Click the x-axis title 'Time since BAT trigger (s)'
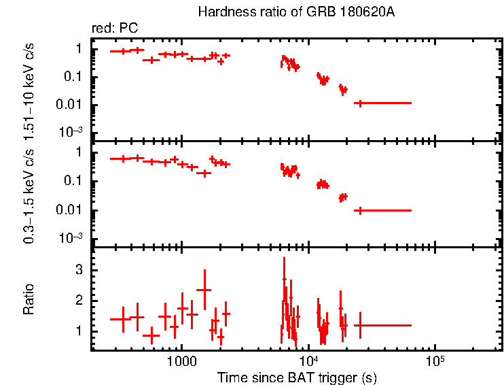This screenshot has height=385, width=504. (297, 377)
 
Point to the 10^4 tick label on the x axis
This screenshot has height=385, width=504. (308, 361)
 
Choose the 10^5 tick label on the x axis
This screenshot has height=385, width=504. (435, 361)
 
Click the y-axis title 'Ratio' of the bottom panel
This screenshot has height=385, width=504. (29, 299)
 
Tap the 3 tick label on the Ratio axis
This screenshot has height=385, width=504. (79, 270)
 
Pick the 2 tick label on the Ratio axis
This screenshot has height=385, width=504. (79, 300)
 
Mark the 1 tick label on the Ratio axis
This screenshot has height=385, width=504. (79, 331)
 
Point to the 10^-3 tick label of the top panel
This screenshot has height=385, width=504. (71, 131)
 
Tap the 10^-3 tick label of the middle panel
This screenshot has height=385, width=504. (71, 237)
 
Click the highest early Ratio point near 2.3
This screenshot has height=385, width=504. (204, 290)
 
